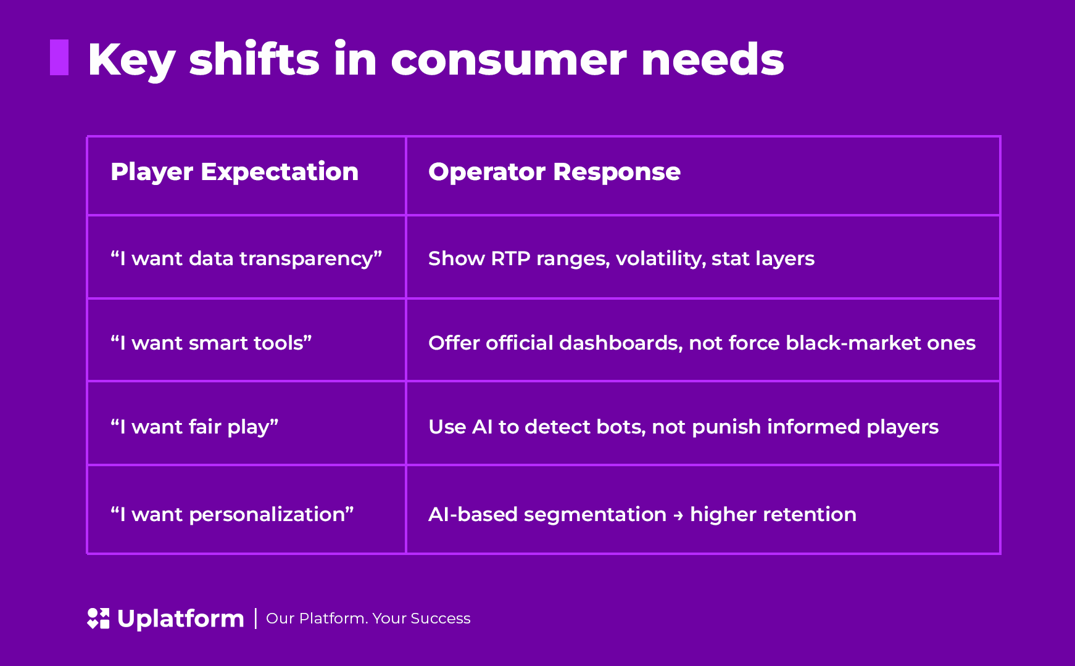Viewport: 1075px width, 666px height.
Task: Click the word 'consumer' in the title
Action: [x=509, y=60]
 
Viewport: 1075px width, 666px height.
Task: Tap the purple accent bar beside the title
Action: [x=59, y=57]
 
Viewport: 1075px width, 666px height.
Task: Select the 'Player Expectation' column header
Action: [x=235, y=172]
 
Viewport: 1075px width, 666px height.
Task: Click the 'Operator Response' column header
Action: [x=554, y=172]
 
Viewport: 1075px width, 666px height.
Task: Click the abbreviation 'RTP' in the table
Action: [x=510, y=258]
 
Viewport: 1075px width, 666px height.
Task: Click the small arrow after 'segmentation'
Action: [x=678, y=516]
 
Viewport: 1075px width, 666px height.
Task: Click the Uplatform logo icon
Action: [x=98, y=619]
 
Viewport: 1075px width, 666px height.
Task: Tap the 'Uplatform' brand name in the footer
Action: [x=180, y=619]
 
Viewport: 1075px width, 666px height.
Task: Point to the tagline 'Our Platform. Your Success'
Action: [x=368, y=619]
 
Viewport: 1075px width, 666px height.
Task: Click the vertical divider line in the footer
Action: [x=255, y=619]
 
